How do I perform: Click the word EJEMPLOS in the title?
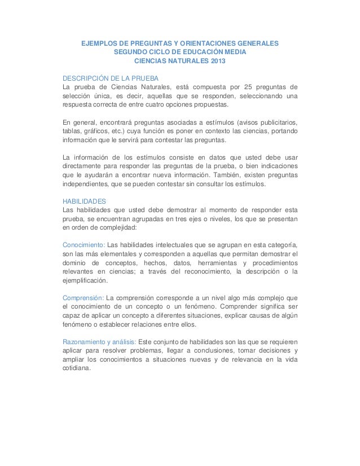[x=103, y=43]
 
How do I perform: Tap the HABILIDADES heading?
[x=84, y=200]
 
